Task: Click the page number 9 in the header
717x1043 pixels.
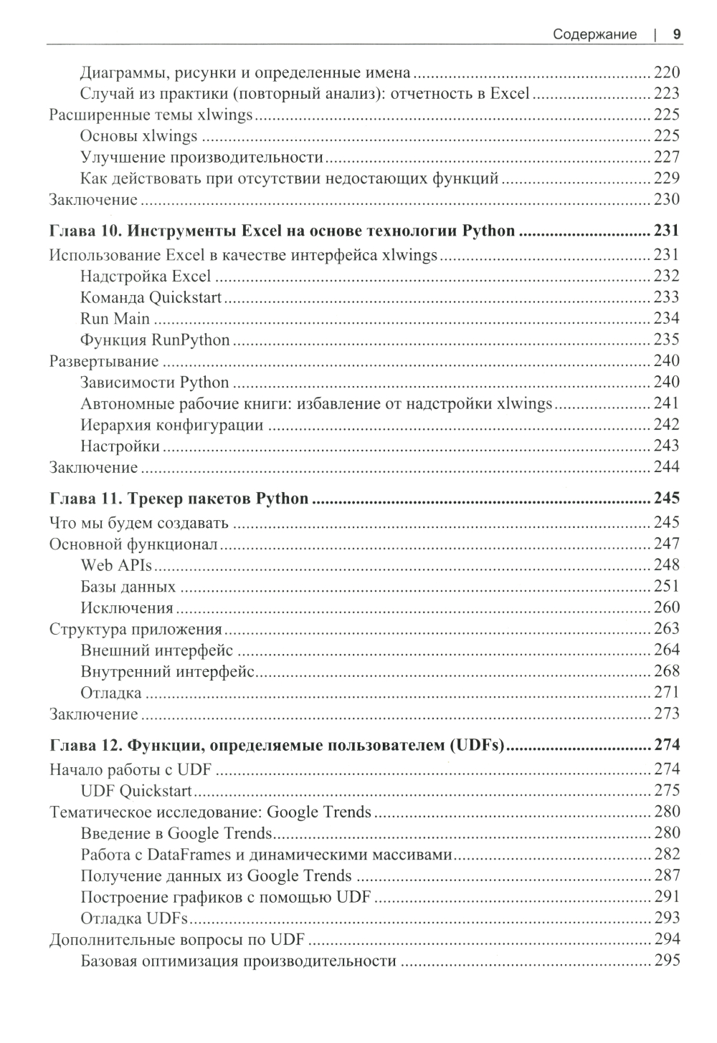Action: (x=676, y=34)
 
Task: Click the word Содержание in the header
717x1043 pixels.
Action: (x=595, y=34)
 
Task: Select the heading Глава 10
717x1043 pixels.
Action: (x=282, y=231)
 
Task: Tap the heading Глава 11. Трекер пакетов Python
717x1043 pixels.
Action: (x=179, y=499)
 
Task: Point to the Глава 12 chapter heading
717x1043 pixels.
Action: (x=277, y=745)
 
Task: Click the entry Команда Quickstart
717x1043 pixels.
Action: (x=151, y=297)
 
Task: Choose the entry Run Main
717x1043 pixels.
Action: (x=115, y=319)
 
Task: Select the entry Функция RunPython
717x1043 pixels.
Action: (x=155, y=340)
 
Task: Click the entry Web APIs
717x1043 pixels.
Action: (x=116, y=565)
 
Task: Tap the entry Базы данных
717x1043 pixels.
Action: (x=128, y=587)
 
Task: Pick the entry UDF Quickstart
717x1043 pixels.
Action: (x=136, y=791)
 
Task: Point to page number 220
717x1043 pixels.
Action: (x=666, y=72)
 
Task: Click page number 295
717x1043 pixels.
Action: (x=666, y=961)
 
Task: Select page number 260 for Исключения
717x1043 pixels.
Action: (x=666, y=607)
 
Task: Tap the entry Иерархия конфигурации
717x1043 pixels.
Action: (x=171, y=425)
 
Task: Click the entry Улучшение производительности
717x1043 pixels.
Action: (x=201, y=157)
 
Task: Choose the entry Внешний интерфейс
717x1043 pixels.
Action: (x=156, y=650)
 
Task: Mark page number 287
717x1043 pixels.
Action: (x=666, y=875)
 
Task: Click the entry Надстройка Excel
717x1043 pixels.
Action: (x=146, y=277)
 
